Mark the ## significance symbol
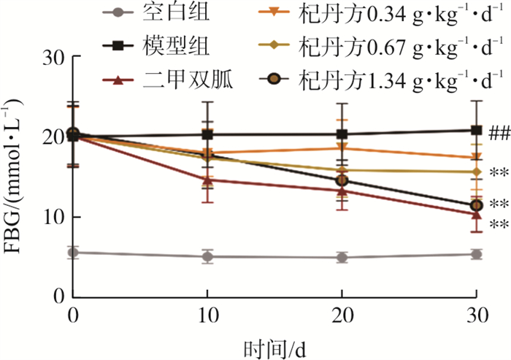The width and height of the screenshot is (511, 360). tap(498, 131)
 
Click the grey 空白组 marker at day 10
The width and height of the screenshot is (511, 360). tap(207, 256)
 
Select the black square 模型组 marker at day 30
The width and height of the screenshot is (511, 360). tap(477, 131)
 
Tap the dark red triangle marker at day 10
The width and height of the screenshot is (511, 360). tap(207, 180)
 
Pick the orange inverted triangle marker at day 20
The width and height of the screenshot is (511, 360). tap(342, 148)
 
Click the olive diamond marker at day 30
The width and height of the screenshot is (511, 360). tap(477, 172)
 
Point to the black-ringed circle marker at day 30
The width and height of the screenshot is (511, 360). tap(477, 205)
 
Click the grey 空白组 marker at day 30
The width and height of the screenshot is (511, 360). tap(477, 254)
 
